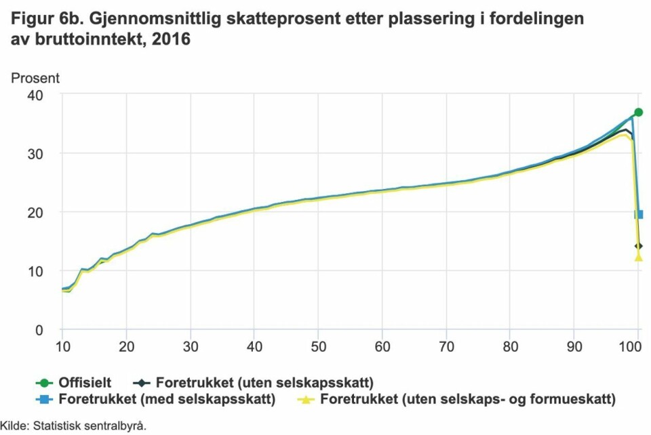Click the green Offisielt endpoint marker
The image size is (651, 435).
point(638,112)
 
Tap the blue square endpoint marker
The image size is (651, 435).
point(638,214)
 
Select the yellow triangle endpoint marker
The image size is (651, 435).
point(638,257)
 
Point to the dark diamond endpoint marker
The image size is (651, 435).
point(638,245)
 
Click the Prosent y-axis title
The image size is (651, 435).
point(35,78)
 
